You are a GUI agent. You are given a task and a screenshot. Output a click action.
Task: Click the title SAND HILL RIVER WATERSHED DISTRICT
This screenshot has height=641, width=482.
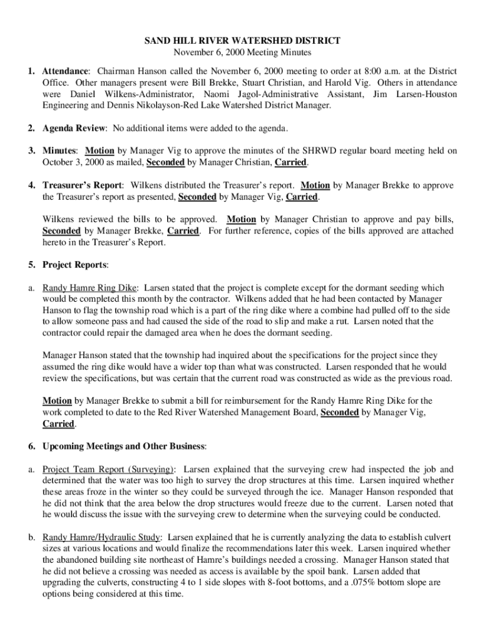[242, 41]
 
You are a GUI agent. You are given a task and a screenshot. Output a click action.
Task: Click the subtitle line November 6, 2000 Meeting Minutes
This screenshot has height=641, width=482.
[242, 53]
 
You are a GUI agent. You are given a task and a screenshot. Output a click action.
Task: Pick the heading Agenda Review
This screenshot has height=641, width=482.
[74, 128]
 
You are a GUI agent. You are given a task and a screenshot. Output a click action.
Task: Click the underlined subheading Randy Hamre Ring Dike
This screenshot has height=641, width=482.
[90, 288]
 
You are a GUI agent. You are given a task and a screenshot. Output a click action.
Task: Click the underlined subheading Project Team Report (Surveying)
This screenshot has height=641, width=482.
[108, 469]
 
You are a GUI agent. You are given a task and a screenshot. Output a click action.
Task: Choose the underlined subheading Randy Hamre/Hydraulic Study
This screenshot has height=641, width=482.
[102, 537]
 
